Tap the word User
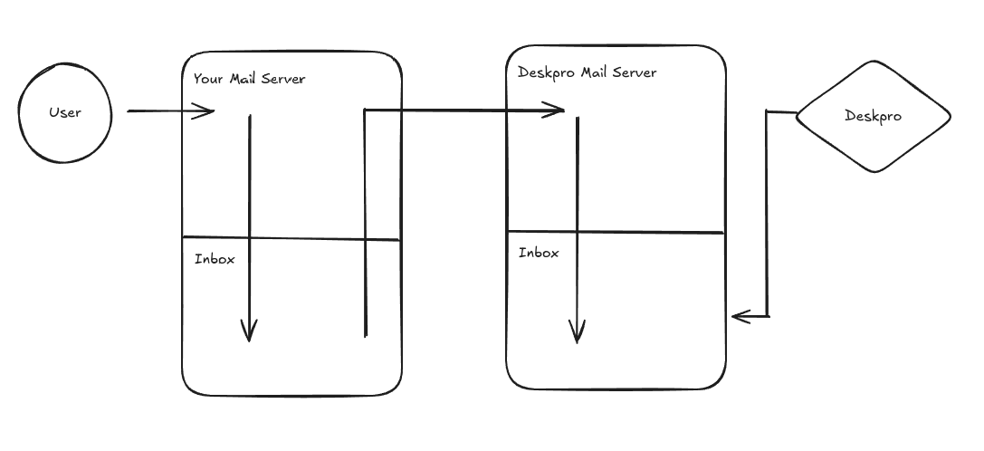pos(65,112)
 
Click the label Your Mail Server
pos(249,79)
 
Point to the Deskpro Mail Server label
pos(587,72)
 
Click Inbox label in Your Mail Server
pos(215,259)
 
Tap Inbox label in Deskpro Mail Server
pos(539,253)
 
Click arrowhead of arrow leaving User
pos(207,111)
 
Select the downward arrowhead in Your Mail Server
pos(249,332)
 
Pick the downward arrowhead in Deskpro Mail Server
pos(577,334)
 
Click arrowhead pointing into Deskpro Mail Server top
pos(557,110)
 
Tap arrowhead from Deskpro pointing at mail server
pos(739,316)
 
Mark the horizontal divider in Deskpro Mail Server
pos(616,233)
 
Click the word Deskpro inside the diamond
pos(873,116)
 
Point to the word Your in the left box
pos(207,79)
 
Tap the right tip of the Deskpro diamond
pos(950,116)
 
